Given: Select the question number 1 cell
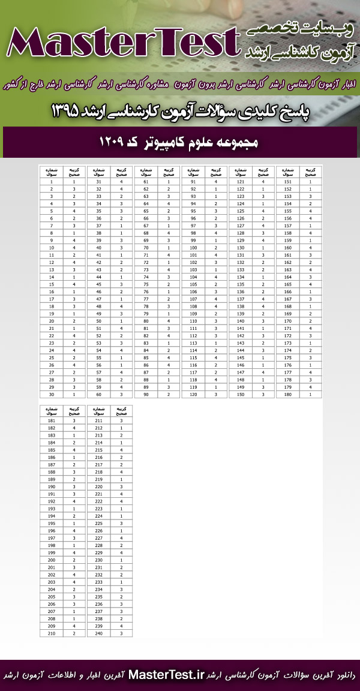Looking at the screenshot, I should pyautogui.click(x=52, y=181).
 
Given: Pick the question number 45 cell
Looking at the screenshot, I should pyautogui.click(x=99, y=284).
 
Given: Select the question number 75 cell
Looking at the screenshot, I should pyautogui.click(x=146, y=284).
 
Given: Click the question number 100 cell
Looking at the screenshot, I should pyautogui.click(x=193, y=247).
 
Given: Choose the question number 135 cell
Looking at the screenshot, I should pyautogui.click(x=241, y=284).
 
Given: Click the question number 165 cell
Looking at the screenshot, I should pyautogui.click(x=288, y=284).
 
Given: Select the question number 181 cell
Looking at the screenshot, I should pyautogui.click(x=52, y=421).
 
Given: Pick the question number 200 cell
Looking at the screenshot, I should pyautogui.click(x=52, y=560).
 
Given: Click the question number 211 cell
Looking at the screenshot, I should pyautogui.click(x=99, y=421).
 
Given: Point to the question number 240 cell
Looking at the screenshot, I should pyautogui.click(x=99, y=633).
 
